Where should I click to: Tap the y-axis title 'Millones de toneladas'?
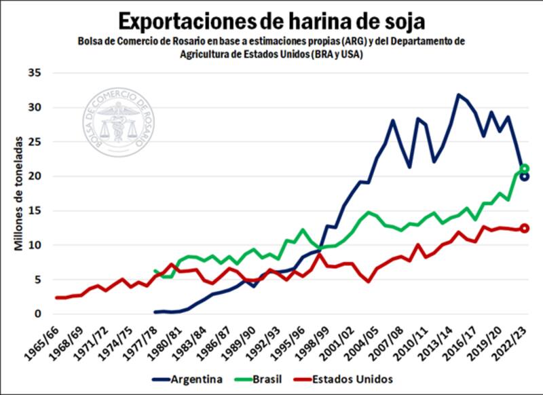click(x=20, y=193)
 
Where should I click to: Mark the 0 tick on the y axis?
click(x=39, y=314)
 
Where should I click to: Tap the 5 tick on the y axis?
click(x=39, y=280)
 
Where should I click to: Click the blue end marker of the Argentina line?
click(x=524, y=176)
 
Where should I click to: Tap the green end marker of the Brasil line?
click(x=524, y=168)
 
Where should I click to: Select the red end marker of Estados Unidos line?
click(x=524, y=228)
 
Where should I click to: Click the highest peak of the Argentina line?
click(x=458, y=95)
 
